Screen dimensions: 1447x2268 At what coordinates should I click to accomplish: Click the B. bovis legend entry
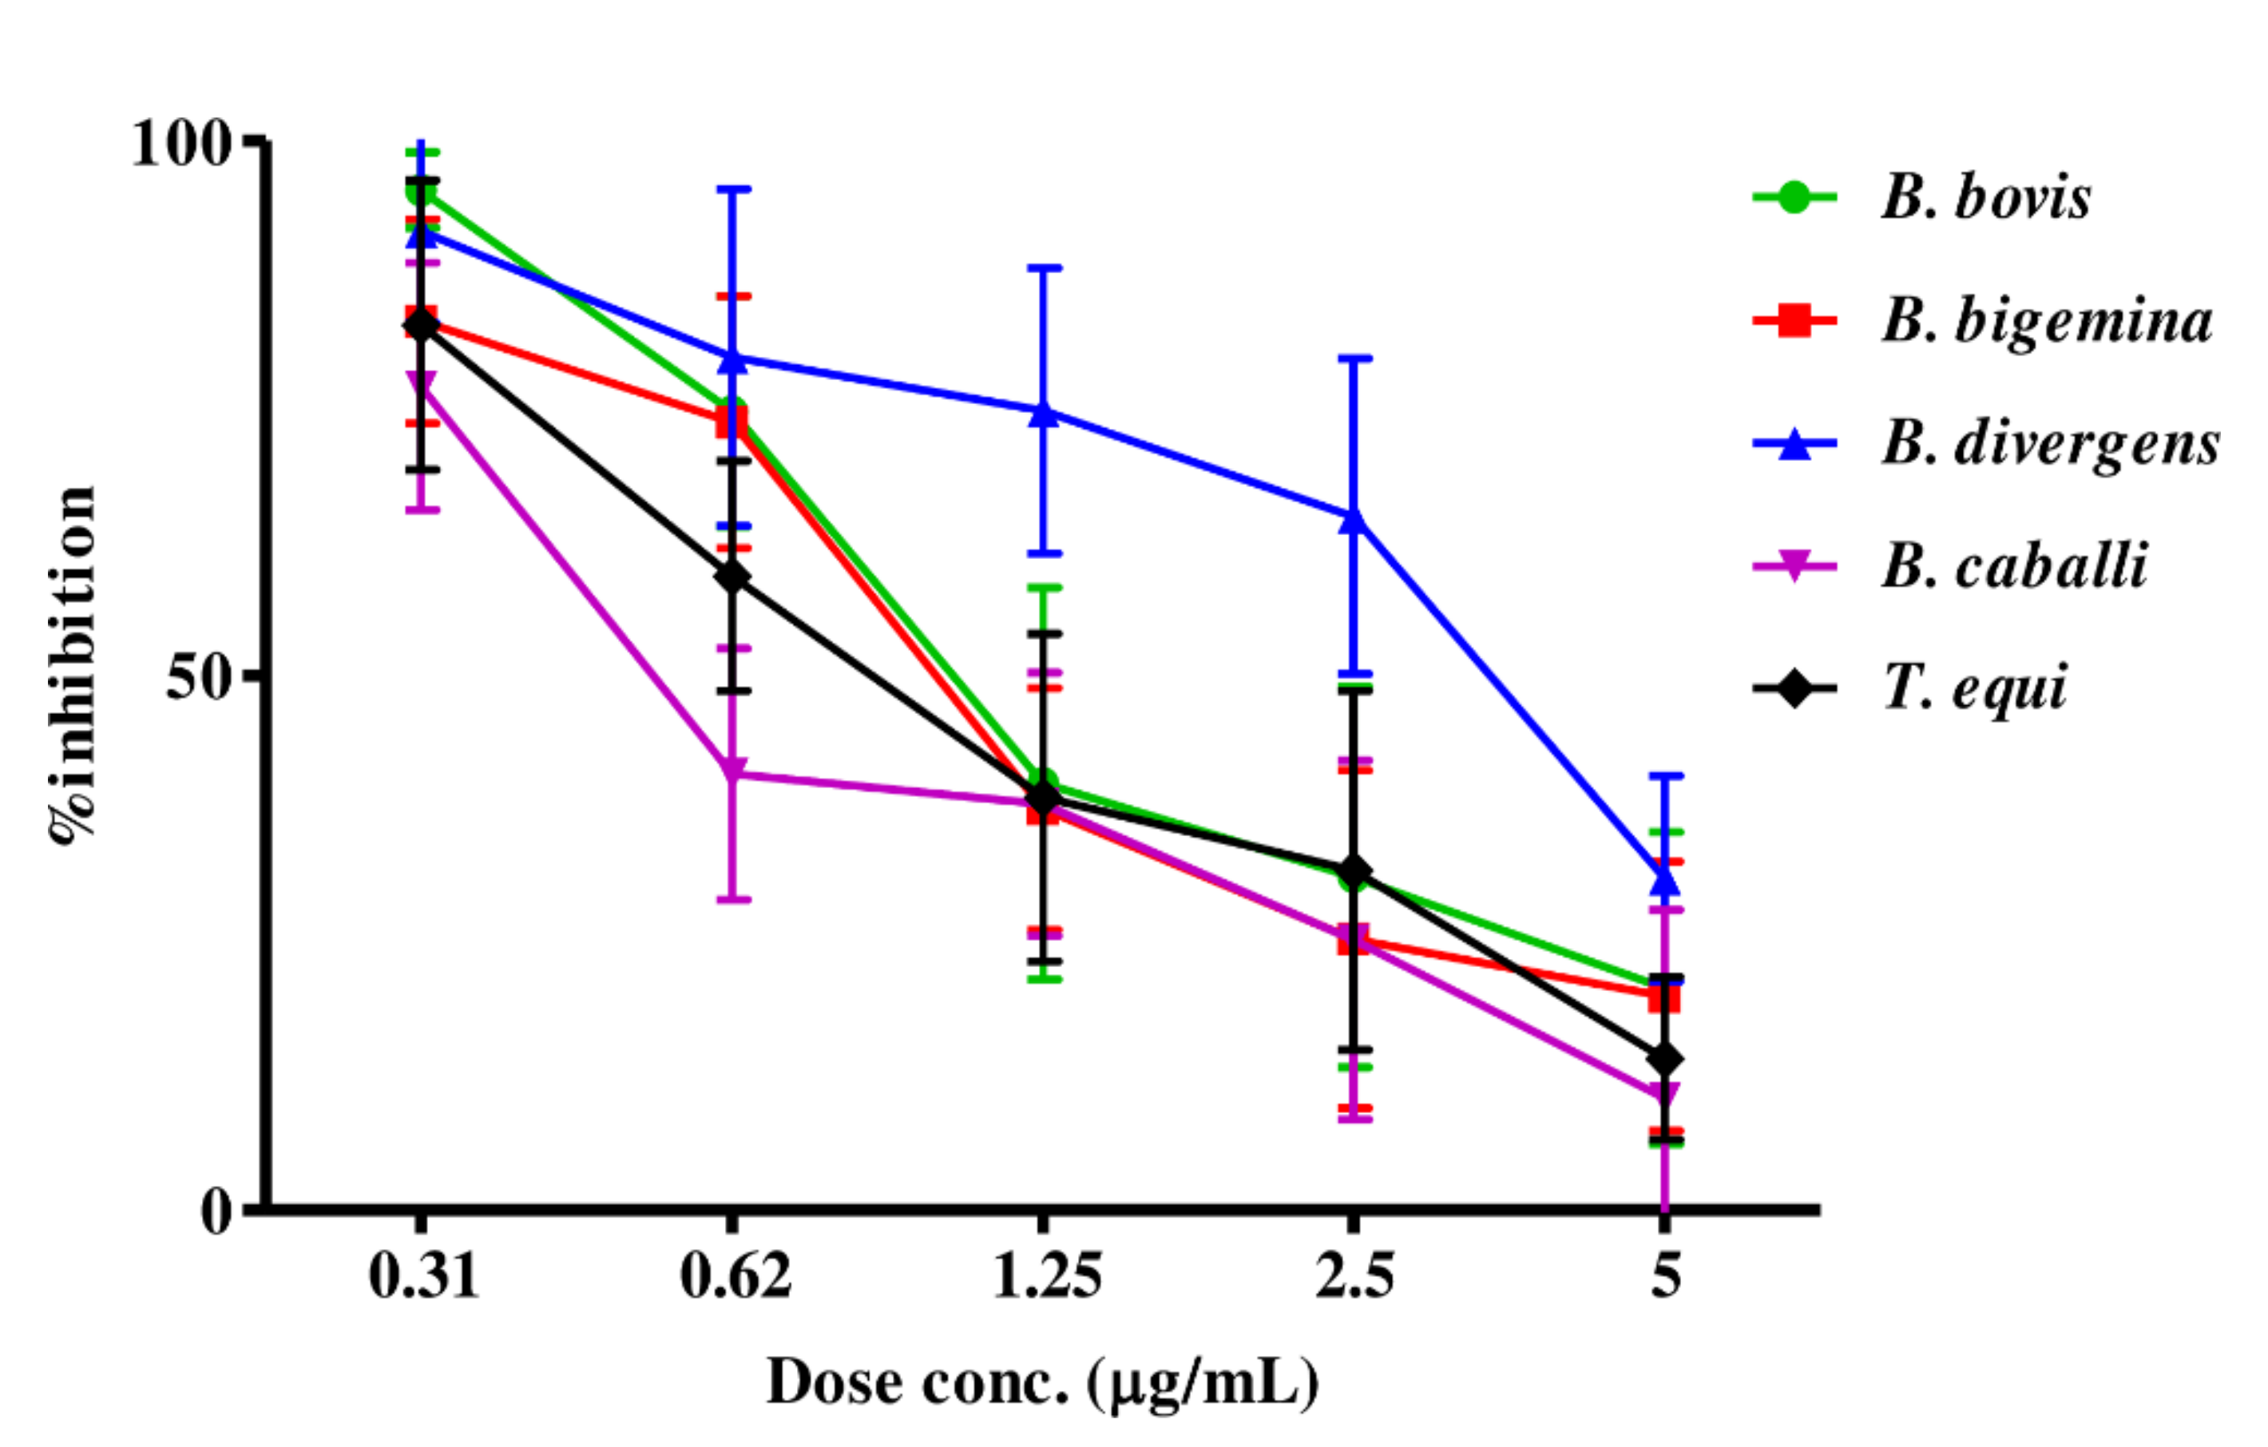[x=1985, y=198]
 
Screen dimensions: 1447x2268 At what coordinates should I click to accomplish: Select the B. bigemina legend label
[x=2046, y=320]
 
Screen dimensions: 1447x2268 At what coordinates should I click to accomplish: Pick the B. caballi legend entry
[x=2014, y=566]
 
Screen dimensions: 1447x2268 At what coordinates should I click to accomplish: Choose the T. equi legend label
[x=1974, y=688]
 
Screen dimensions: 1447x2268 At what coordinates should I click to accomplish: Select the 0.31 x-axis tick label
[x=423, y=1278]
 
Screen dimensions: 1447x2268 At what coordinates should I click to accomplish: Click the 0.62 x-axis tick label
[x=736, y=1278]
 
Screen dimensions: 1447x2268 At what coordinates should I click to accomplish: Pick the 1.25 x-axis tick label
[x=1046, y=1278]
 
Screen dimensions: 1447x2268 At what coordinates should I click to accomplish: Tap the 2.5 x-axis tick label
[x=1354, y=1278]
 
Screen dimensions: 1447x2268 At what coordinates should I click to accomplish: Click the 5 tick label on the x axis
[x=1665, y=1278]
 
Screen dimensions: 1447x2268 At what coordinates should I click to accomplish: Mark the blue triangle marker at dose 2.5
[x=1354, y=519]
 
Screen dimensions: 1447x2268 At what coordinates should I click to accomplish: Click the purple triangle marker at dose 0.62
[x=734, y=770]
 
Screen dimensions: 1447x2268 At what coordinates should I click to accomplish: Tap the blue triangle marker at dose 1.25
[x=1044, y=413]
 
